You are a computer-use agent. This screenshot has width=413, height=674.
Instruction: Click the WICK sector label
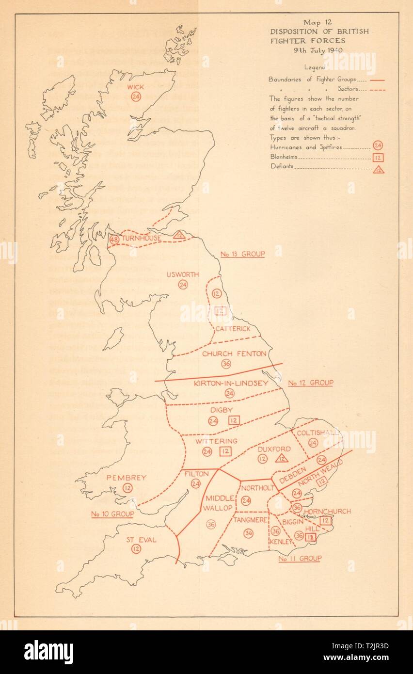(x=135, y=87)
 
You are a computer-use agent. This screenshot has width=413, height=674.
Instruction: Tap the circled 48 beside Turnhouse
(x=114, y=240)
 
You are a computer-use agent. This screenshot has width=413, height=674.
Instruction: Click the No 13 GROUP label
(x=243, y=254)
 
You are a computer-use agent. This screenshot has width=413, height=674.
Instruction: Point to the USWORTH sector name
(x=183, y=274)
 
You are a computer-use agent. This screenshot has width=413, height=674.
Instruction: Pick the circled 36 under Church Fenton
(x=226, y=364)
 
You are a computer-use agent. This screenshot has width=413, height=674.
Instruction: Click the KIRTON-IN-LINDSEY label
(x=231, y=384)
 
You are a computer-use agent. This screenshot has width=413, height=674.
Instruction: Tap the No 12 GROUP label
(x=311, y=383)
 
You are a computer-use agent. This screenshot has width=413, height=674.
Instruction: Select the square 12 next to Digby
(x=234, y=420)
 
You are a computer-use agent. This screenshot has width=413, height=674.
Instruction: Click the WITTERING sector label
(x=216, y=441)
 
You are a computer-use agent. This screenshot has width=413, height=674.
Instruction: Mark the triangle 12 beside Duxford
(x=282, y=458)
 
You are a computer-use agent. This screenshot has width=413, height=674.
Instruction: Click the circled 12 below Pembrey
(x=127, y=488)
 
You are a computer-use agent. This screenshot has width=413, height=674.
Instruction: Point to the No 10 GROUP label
(x=112, y=514)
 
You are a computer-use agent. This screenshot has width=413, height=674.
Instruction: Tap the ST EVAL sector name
(x=142, y=540)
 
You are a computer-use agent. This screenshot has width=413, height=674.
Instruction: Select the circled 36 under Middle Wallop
(x=211, y=524)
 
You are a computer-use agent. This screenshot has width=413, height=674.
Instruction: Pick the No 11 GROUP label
(x=300, y=559)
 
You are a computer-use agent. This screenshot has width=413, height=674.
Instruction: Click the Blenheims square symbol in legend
(x=379, y=158)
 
